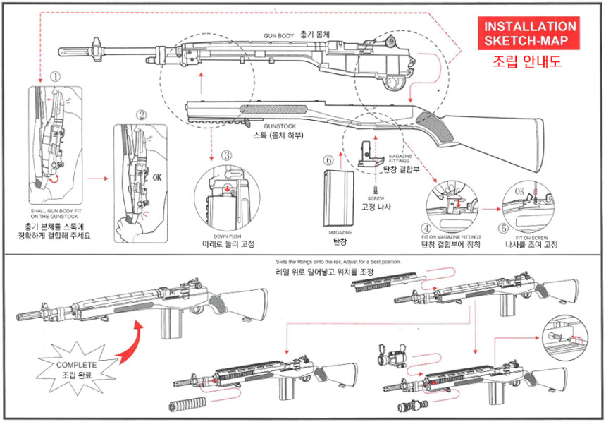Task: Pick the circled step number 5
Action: [x=502, y=228]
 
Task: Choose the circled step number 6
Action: [x=328, y=159]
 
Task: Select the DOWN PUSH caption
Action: [x=227, y=236]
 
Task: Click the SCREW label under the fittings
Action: [x=374, y=199]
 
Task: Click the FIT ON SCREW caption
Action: [x=529, y=238]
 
